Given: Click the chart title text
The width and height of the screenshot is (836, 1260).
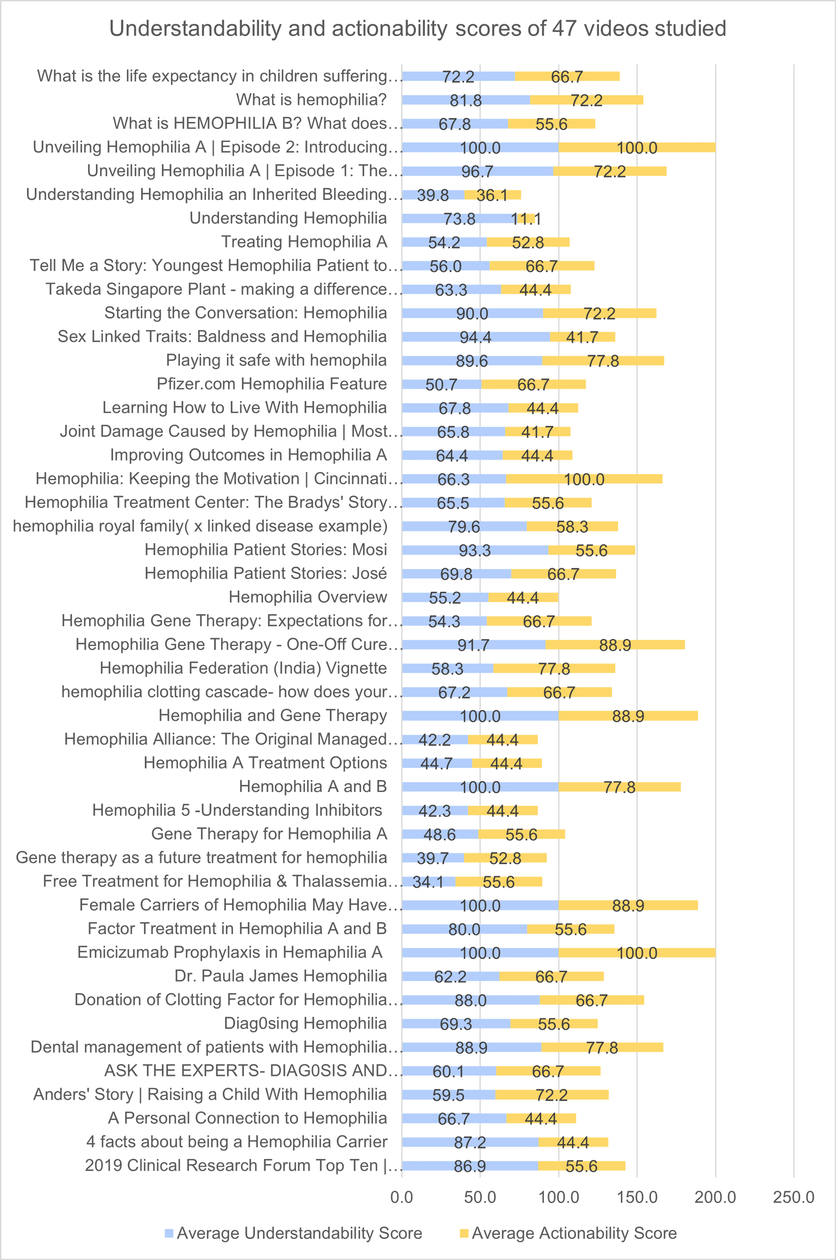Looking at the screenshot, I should (417, 29).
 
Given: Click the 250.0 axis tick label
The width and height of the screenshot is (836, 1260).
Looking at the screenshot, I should (793, 1197).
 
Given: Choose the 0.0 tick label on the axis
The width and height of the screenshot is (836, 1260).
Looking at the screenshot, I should (402, 1197).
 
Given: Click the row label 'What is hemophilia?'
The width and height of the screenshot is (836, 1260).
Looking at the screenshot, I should (311, 100).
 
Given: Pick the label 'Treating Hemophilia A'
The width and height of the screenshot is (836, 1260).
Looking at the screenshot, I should (304, 242).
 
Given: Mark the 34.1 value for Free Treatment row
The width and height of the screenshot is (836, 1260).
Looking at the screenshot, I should (428, 882).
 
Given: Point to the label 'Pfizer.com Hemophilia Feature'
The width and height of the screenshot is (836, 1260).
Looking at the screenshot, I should (271, 384).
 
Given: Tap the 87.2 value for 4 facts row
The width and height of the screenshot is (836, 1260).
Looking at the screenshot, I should (470, 1142).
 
